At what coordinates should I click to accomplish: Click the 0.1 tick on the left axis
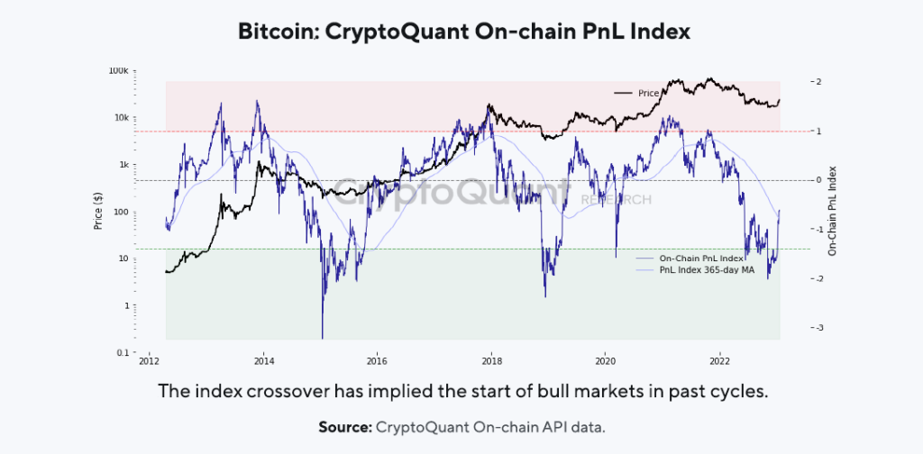tap(124, 352)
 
